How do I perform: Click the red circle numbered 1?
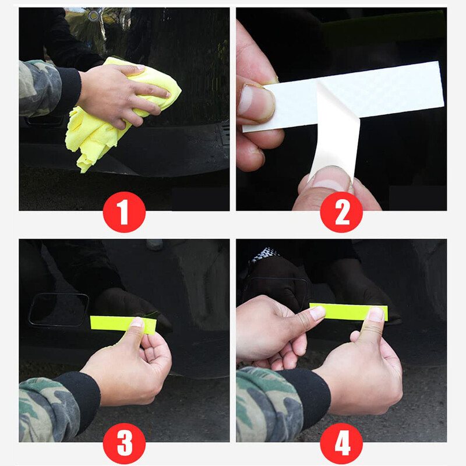[x=124, y=212]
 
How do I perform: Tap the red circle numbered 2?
[x=341, y=212]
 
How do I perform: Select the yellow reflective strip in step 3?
[x=123, y=324]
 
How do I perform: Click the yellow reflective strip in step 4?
[x=348, y=312]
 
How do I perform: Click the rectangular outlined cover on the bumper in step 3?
[x=59, y=310]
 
